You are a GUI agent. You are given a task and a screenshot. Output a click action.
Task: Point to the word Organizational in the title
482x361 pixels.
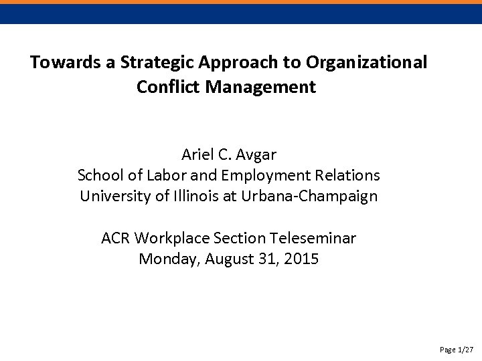point(366,63)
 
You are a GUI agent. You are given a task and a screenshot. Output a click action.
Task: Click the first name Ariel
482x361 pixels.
point(197,155)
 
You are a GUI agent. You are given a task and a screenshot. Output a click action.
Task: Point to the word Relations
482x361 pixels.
point(347,176)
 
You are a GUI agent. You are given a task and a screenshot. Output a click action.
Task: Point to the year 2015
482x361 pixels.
point(301,259)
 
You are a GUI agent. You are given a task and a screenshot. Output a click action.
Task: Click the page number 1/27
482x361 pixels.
point(466,350)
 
